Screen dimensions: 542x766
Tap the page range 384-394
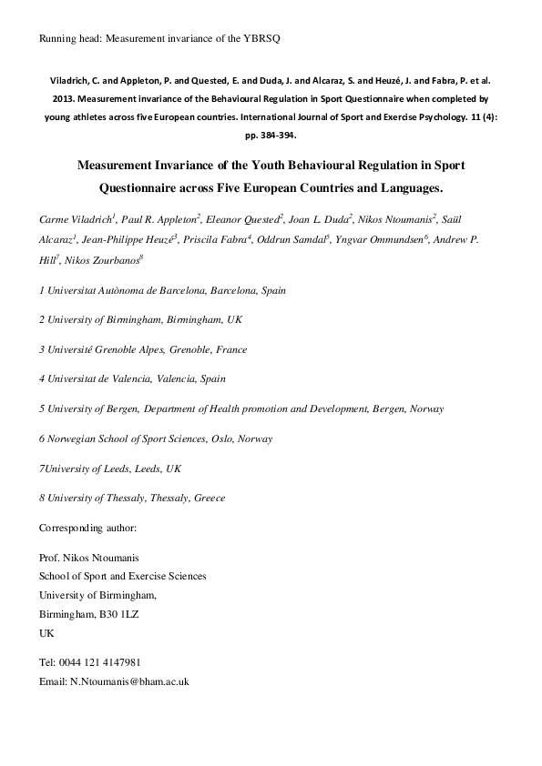click(274, 134)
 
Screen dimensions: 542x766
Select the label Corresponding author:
click(87, 528)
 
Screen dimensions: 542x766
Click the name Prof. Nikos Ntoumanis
click(89, 559)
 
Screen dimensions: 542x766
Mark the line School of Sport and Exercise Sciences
click(122, 576)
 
